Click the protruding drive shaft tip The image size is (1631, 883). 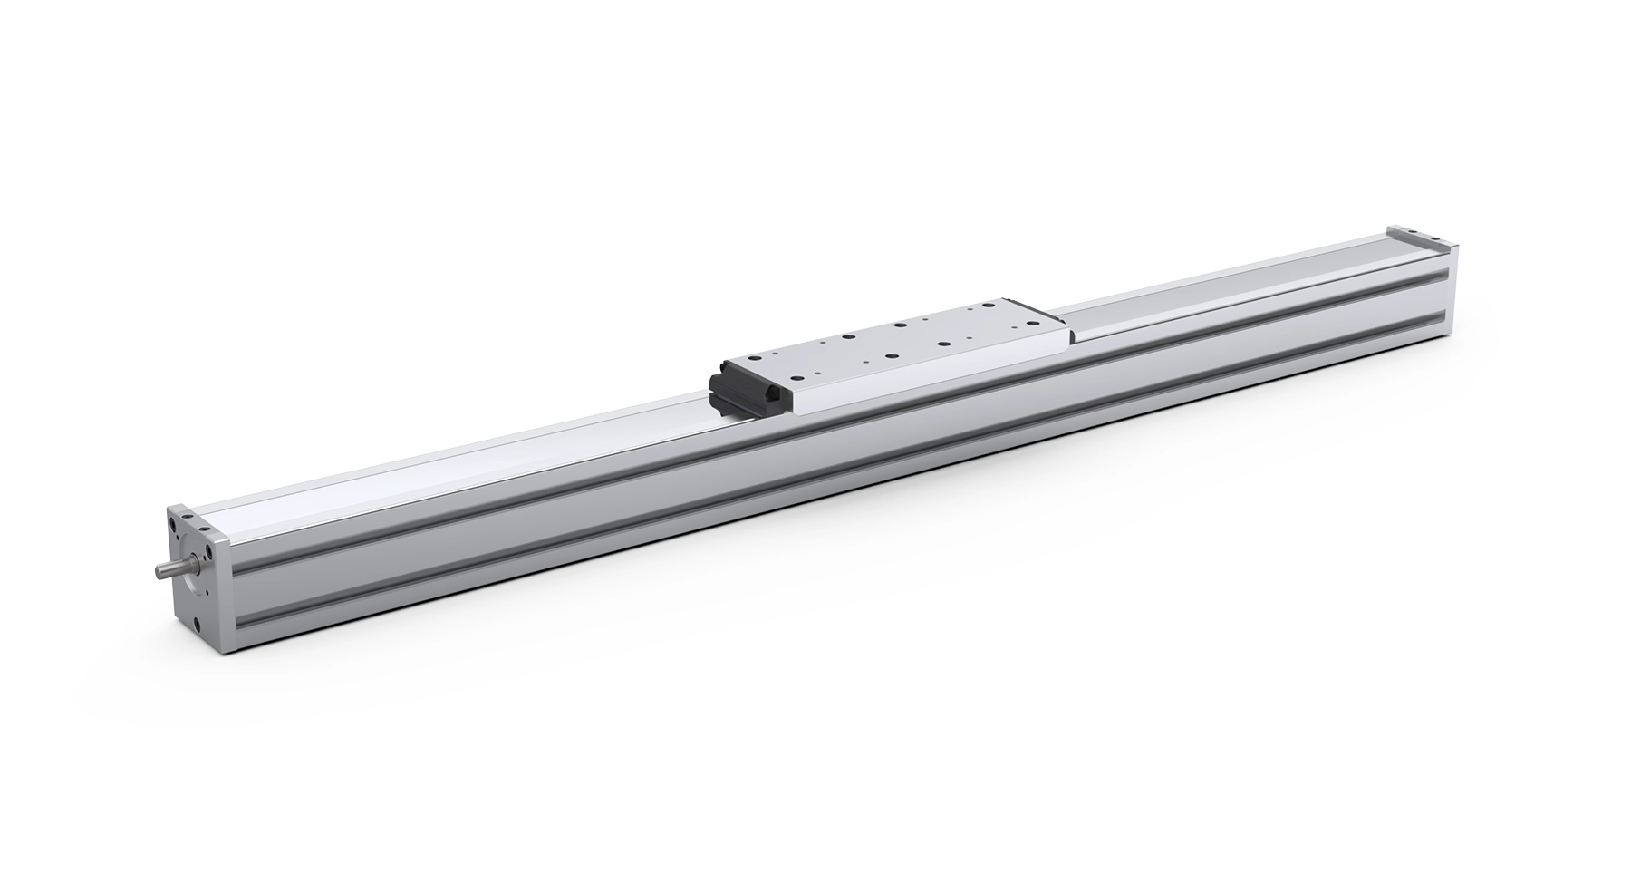159,572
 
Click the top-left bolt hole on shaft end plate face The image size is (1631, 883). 172,524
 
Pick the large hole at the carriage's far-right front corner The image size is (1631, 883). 1033,323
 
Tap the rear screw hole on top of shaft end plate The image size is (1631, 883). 188,516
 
